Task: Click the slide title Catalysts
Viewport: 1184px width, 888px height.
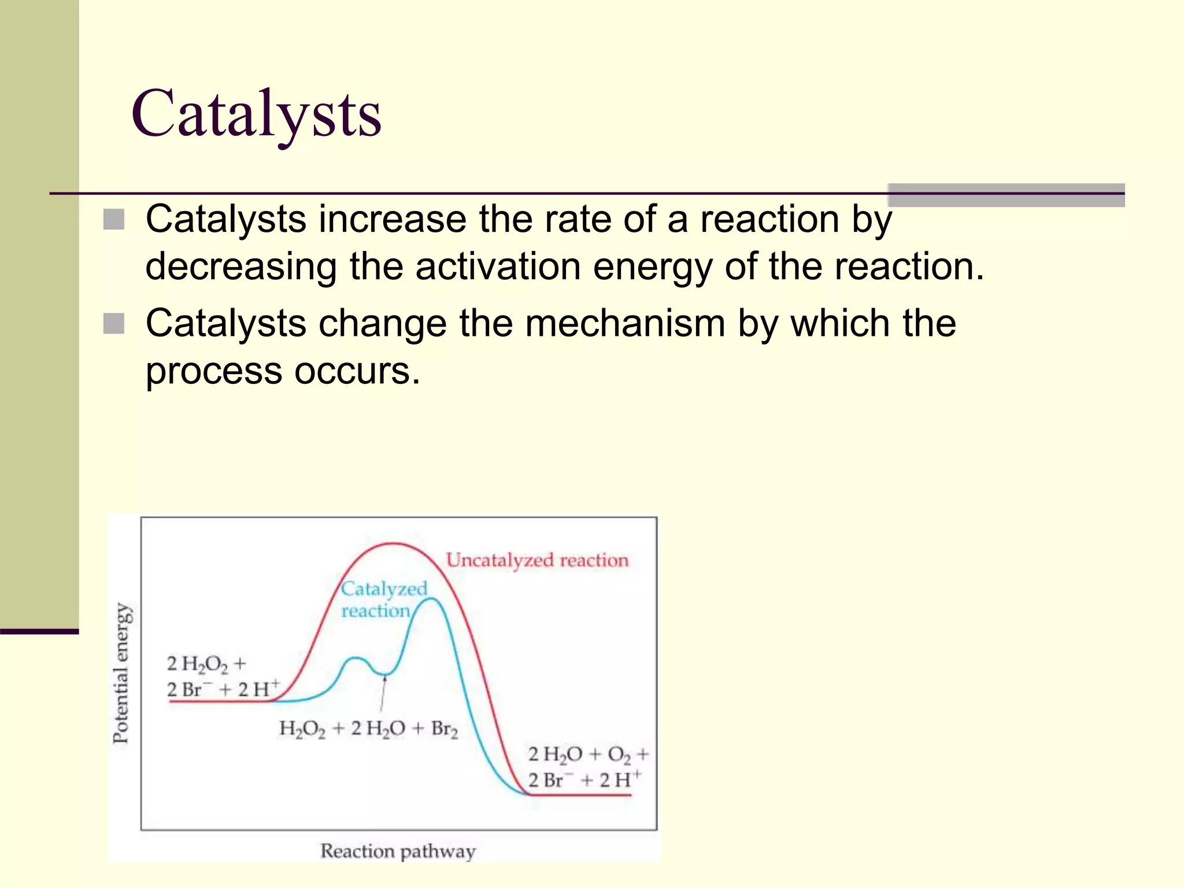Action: [x=256, y=114]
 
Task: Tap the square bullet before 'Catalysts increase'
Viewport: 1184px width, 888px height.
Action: [x=114, y=219]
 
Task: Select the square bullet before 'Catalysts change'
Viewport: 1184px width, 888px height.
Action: [x=114, y=324]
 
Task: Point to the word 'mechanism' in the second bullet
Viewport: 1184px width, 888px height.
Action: [x=625, y=323]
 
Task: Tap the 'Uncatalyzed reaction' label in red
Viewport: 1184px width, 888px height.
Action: [x=537, y=560]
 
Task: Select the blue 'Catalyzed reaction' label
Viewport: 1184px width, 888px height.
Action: [x=383, y=600]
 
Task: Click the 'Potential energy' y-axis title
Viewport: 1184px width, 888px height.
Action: [x=121, y=673]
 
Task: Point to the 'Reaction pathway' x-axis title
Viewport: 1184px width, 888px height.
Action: [x=398, y=851]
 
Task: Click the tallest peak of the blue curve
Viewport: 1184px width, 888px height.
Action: [x=431, y=599]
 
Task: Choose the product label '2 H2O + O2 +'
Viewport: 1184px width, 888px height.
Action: [x=588, y=754]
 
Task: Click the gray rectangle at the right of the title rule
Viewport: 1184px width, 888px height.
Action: [x=1005, y=195]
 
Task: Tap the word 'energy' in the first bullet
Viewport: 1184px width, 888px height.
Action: [x=653, y=267]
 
